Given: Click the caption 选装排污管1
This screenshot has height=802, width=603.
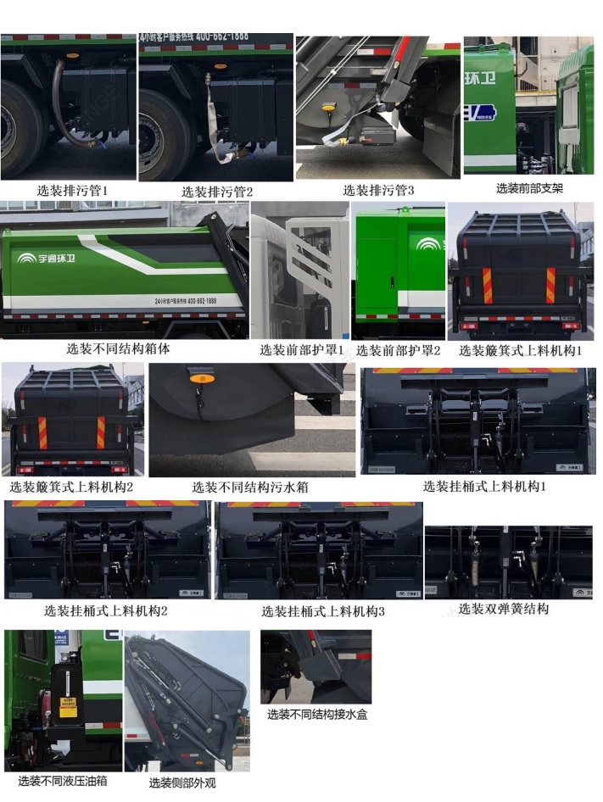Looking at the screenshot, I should pos(72,192).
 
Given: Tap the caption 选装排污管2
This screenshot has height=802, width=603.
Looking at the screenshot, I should pos(217,192).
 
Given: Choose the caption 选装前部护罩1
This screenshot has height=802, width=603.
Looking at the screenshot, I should pos(302,349).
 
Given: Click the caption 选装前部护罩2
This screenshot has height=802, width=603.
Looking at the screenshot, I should pos(398,349).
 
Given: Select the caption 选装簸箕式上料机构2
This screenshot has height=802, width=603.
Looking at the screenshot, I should pos(72,487).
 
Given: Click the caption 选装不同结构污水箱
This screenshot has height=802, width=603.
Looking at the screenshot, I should pos(249,487).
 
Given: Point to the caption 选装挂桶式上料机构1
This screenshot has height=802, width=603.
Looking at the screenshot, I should pos(484,487).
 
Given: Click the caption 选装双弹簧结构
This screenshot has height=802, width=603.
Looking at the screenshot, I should pos(503,609).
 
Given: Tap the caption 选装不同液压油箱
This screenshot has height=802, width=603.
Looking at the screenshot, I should pos(63,781).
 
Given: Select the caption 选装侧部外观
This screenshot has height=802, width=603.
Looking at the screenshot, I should pos(182,783).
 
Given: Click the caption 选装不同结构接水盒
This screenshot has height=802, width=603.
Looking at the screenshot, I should pos(317,715).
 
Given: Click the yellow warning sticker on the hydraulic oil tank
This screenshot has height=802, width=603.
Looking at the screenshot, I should pos(67,706).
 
